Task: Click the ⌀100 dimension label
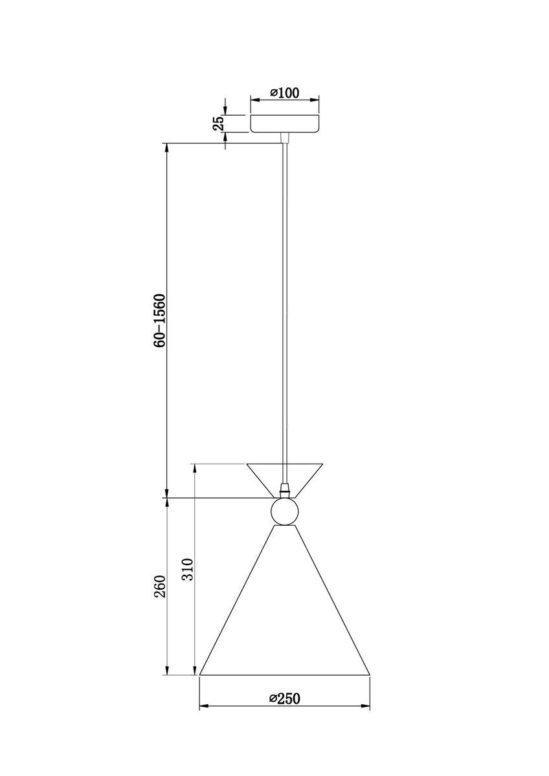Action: point(285,92)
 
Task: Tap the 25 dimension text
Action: point(220,123)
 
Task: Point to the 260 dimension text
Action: point(161,585)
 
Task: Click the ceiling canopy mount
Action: point(285,124)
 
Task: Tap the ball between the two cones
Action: point(284,512)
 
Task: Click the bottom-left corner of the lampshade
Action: point(199,675)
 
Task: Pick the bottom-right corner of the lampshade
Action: point(370,675)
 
